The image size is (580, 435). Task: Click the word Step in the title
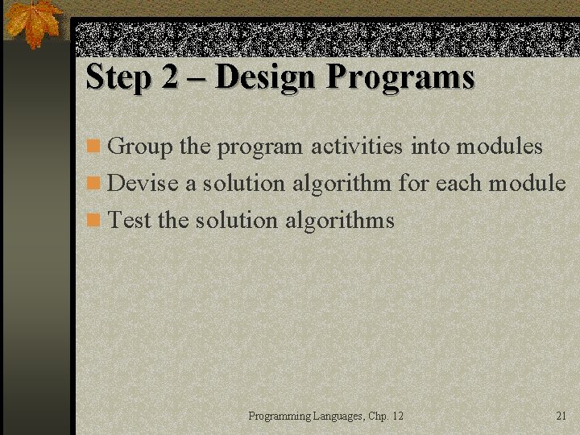[x=116, y=77]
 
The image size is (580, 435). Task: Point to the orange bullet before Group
[x=94, y=147]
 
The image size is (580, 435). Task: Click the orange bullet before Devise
[x=94, y=184]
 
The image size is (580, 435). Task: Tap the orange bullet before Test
[x=94, y=220]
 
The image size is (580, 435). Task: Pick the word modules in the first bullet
[x=499, y=146]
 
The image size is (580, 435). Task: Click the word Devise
[x=143, y=183]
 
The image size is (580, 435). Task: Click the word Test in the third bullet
[x=130, y=219]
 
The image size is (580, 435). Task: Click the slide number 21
[x=561, y=416]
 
